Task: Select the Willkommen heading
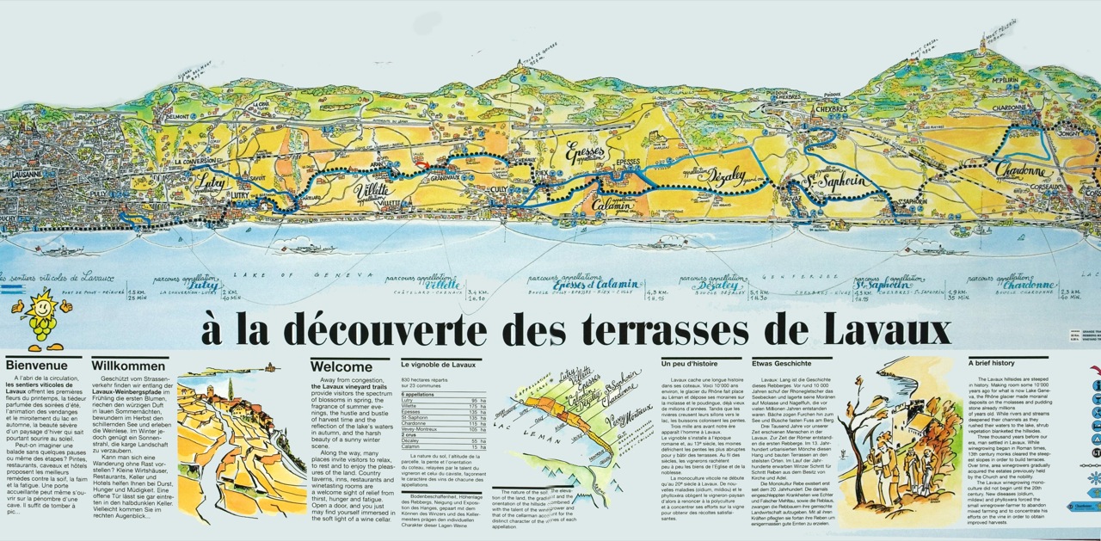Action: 129,365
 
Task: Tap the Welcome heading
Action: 341,366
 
